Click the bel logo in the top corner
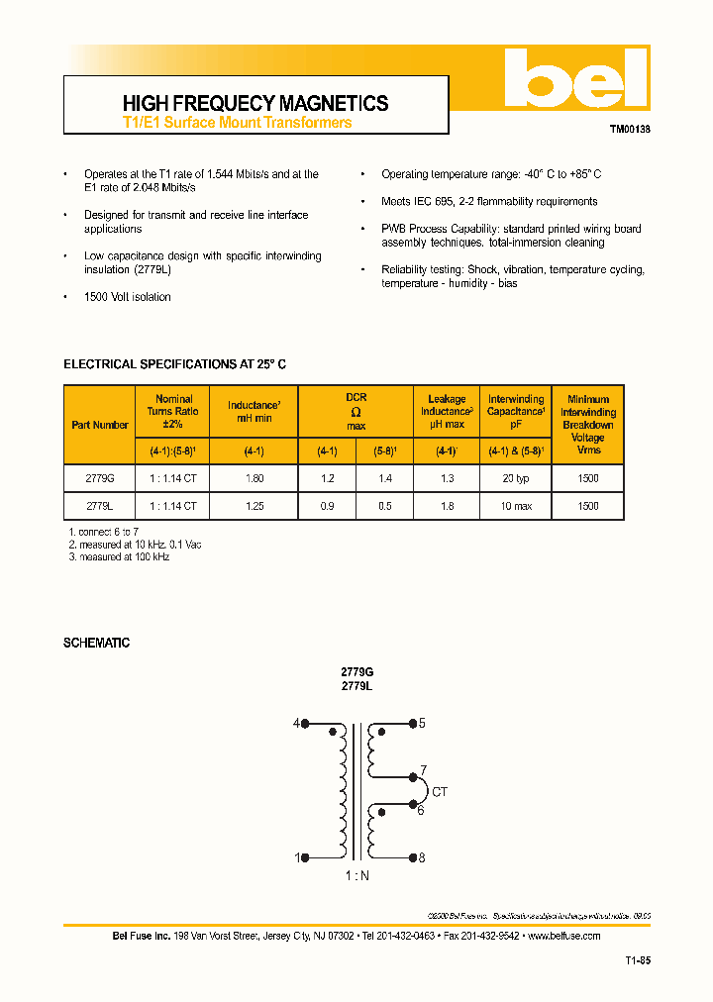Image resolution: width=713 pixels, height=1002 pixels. (574, 78)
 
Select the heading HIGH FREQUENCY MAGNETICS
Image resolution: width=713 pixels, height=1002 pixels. (255, 103)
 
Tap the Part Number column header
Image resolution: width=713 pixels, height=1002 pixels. (100, 425)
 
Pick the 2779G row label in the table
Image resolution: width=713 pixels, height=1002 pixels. (100, 478)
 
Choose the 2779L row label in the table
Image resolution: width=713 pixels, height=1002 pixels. (100, 506)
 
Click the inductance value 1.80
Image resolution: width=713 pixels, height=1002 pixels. (254, 478)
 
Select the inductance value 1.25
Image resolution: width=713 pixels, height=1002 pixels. (254, 506)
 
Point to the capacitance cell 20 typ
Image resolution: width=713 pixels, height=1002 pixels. (515, 478)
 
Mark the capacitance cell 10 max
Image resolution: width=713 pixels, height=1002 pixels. (515, 506)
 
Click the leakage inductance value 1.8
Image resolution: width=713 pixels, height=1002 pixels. (447, 506)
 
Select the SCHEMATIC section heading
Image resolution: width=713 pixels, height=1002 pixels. (97, 643)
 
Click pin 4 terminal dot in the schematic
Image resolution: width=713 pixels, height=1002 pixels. (305, 724)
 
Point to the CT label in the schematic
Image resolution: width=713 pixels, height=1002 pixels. (440, 792)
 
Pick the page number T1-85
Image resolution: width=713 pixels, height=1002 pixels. (637, 959)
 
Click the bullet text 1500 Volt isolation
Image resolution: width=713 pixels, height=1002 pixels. (128, 297)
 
